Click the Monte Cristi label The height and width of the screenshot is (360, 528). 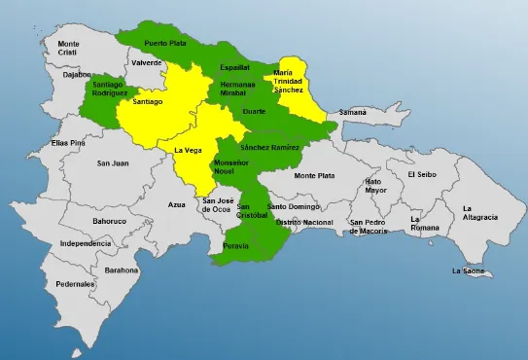(x=68, y=48)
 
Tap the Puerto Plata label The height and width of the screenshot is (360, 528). (x=164, y=44)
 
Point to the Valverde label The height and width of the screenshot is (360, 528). (x=147, y=62)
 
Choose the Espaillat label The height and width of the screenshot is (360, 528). (x=234, y=67)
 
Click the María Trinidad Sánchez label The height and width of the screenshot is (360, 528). (x=296, y=81)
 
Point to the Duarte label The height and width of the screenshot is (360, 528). (x=255, y=112)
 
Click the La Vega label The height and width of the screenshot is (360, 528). (x=189, y=150)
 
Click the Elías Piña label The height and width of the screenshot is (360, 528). (x=69, y=143)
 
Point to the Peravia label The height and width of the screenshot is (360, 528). (x=235, y=246)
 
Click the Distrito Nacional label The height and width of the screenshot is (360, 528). (x=304, y=223)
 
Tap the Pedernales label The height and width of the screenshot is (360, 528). (x=75, y=284)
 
